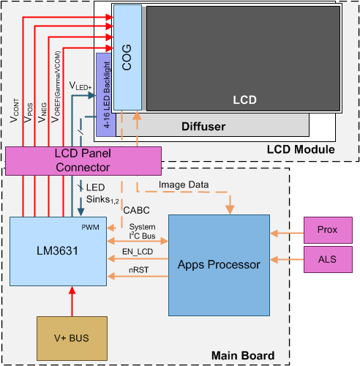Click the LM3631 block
(57, 251)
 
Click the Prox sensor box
(326, 231)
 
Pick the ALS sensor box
(326, 258)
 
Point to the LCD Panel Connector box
(83, 160)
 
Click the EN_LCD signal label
(138, 251)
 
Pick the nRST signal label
(138, 270)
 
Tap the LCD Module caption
(301, 150)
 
